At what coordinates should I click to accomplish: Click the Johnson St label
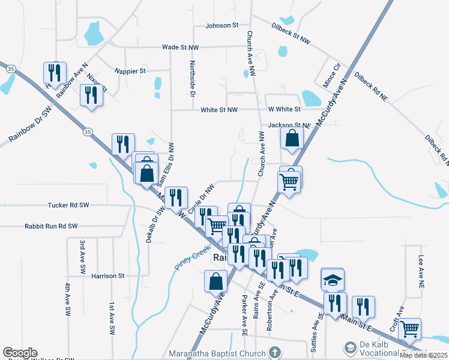[221, 26]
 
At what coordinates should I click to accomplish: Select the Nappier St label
[130, 71]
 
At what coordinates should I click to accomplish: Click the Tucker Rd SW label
[68, 205]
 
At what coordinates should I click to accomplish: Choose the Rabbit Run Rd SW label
[51, 226]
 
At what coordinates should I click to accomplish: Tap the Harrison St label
[107, 276]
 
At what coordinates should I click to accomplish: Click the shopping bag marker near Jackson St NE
[291, 139]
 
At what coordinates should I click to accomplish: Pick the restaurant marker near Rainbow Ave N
[55, 73]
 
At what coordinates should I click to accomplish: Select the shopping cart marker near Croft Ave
[409, 328]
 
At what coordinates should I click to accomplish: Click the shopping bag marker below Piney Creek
[216, 281]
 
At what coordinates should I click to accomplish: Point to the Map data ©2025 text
[423, 355]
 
